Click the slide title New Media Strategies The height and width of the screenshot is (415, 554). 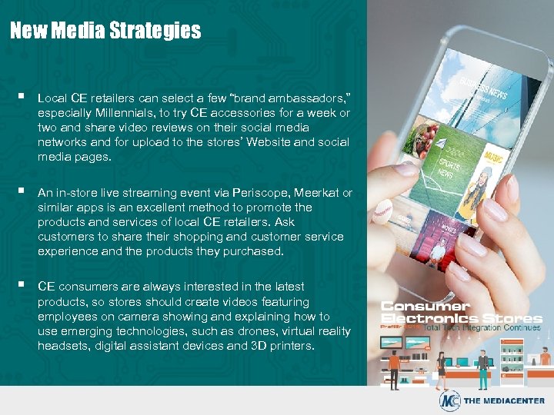coord(105,31)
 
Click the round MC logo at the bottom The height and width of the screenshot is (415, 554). coord(449,400)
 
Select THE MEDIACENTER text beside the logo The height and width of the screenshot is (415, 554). coord(503,401)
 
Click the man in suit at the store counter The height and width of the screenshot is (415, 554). coord(483,361)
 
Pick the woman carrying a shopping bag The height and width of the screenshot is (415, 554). coord(443,365)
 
